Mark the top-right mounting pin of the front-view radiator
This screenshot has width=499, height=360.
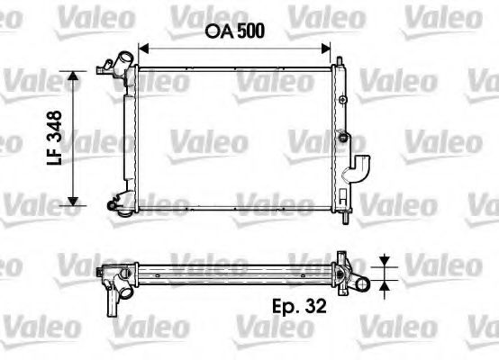click(341, 61)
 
